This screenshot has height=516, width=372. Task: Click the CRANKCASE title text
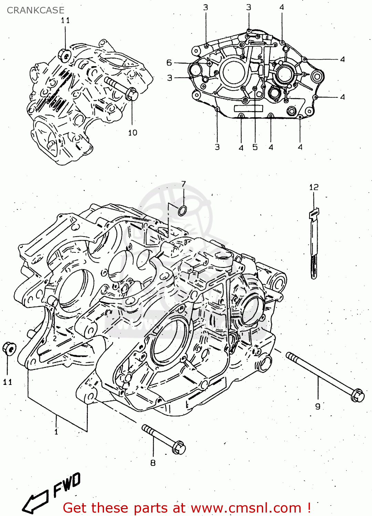35,10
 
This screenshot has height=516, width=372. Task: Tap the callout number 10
133,133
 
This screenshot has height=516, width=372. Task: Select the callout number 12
314,187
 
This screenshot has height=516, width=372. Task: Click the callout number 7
184,184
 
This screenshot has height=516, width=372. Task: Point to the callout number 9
318,407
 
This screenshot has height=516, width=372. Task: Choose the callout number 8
153,463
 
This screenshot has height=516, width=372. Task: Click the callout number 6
169,63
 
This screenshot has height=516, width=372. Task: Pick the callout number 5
255,147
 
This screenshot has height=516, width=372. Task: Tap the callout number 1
56,431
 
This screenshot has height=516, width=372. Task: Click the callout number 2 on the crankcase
55,338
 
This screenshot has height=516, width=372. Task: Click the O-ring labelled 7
183,211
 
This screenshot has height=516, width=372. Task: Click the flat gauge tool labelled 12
313,244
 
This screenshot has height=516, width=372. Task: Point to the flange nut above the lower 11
9,349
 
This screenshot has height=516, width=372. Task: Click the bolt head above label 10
132,94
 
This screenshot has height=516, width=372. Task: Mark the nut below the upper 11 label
64,55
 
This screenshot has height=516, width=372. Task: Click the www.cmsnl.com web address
246,508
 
